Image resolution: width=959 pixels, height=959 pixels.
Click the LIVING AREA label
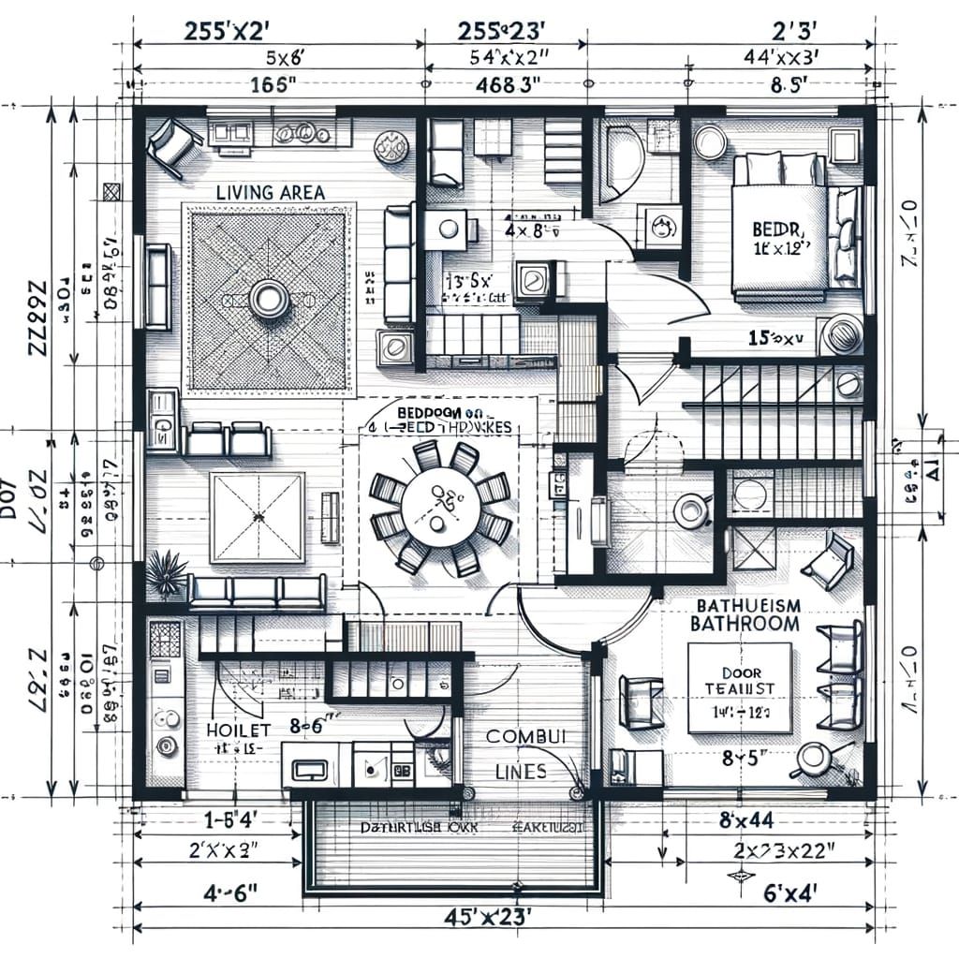pos(270,192)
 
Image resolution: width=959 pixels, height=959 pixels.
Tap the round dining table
pos(441,508)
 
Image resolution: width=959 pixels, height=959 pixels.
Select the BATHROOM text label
pos(745,624)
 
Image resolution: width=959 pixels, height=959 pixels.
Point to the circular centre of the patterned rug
pos(270,299)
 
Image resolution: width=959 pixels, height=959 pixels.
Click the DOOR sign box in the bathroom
pos(739,688)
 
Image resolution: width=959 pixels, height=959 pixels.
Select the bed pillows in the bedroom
pos(778,170)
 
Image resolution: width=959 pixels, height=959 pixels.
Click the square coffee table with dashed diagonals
pos(257,517)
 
